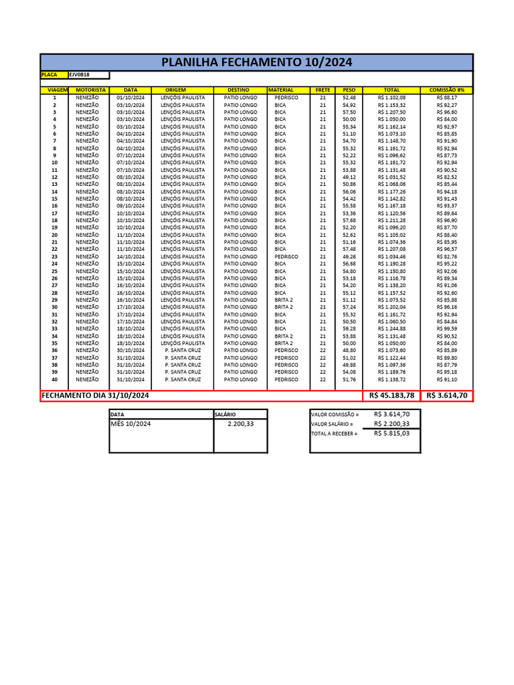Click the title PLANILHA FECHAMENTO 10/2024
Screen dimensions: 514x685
(257, 63)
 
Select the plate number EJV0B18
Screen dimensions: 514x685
(80, 75)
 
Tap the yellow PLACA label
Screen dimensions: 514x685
(50, 75)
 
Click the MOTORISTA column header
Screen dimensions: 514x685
(90, 90)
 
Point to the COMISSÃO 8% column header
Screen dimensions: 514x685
(446, 90)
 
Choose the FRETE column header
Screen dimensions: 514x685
(323, 90)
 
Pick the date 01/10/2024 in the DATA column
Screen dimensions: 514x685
(131, 98)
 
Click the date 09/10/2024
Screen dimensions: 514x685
(131, 206)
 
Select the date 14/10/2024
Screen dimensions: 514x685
(131, 257)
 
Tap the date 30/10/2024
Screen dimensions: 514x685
(131, 351)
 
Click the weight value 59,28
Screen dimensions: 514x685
(349, 329)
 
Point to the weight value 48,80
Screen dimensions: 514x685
(349, 351)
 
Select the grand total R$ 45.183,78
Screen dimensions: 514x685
(392, 396)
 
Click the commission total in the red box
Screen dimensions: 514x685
(446, 396)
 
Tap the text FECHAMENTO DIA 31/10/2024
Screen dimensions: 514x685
(95, 396)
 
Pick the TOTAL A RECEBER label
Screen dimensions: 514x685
(335, 433)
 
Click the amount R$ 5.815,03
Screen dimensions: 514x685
(392, 433)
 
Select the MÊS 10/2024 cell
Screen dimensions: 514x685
(131, 424)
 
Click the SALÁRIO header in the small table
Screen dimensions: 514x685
(225, 415)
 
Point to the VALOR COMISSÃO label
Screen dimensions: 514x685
(335, 415)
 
